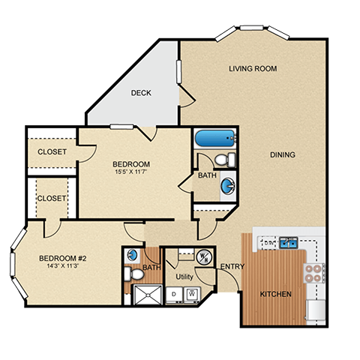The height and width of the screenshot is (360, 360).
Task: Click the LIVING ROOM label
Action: (x=253, y=69)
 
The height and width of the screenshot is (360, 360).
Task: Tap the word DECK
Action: (x=141, y=94)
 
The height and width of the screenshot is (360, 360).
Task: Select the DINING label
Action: (x=283, y=155)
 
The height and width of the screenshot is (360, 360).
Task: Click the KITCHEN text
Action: (x=275, y=294)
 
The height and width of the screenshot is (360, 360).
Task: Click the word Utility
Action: (x=184, y=277)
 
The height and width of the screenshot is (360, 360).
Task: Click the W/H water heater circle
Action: (x=202, y=257)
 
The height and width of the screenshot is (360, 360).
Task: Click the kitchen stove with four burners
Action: (x=313, y=272)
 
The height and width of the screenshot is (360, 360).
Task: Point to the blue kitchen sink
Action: (x=288, y=242)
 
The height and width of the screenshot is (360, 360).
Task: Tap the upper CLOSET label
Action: (x=52, y=151)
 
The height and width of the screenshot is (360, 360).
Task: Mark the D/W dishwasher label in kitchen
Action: (x=268, y=242)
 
